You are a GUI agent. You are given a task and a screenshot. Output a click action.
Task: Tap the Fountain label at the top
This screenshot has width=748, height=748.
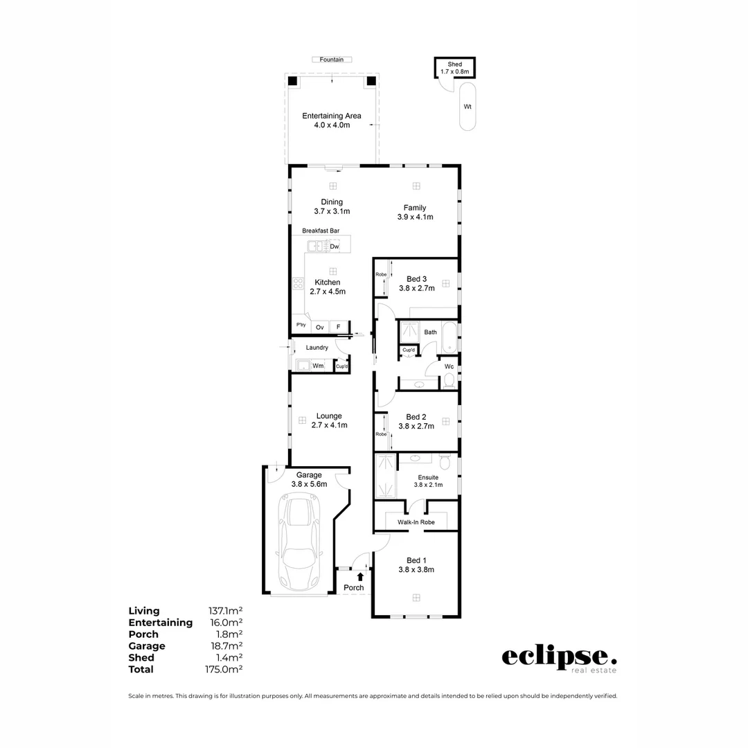pyautogui.click(x=332, y=60)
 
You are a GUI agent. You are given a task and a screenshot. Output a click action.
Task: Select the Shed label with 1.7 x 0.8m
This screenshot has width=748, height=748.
pyautogui.click(x=454, y=67)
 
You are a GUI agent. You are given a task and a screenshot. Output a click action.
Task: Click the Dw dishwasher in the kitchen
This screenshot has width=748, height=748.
pyautogui.click(x=335, y=246)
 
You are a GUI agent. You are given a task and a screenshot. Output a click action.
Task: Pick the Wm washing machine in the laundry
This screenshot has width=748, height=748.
pyautogui.click(x=318, y=365)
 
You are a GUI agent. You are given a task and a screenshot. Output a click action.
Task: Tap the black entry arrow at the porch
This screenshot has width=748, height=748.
pyautogui.click(x=359, y=576)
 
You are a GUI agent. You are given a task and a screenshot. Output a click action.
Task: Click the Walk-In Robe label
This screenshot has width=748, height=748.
pyautogui.click(x=416, y=522)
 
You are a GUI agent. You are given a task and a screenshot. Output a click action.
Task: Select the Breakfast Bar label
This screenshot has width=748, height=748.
pyautogui.click(x=321, y=231)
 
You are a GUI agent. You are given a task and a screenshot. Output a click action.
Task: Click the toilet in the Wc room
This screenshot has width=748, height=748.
pyautogui.click(x=449, y=380)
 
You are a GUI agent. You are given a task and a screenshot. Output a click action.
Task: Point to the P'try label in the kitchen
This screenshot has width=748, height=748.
pyautogui.click(x=301, y=326)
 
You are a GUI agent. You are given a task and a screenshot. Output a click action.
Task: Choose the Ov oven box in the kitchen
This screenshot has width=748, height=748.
pyautogui.click(x=320, y=327)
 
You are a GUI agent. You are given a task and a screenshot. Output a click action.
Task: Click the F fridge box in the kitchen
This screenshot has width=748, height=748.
pyautogui.click(x=339, y=327)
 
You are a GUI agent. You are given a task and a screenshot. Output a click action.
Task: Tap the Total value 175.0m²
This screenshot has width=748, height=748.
pyautogui.click(x=225, y=669)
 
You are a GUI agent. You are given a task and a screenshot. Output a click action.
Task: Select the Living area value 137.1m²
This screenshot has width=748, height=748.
pyautogui.click(x=225, y=611)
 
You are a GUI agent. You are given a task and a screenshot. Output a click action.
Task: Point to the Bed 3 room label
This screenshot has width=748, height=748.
pyautogui.click(x=416, y=279)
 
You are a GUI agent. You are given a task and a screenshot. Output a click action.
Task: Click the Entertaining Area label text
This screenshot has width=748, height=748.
pyautogui.click(x=332, y=116)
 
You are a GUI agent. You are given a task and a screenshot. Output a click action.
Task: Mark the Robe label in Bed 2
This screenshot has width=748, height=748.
pyautogui.click(x=380, y=434)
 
